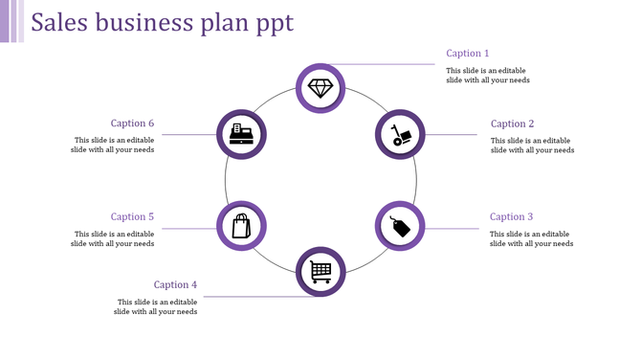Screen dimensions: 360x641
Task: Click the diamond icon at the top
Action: coord(320,88)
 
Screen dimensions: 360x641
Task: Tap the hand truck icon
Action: coord(399,135)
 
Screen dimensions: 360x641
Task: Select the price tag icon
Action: coord(399,226)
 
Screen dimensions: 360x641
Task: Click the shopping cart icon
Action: coord(320,272)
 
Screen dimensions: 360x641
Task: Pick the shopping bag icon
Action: coord(241,226)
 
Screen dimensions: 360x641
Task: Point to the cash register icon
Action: coord(241,135)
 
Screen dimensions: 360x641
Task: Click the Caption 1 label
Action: coord(468,54)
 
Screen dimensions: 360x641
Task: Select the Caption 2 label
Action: coord(513,124)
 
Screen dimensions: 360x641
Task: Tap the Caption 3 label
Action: coord(512,217)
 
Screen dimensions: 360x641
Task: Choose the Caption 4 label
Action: coord(176,284)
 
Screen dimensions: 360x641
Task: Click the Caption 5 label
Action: coord(132,217)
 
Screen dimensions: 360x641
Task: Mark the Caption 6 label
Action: coord(132,124)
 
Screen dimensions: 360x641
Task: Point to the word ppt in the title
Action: coord(275,24)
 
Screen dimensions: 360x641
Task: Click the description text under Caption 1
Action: coord(488,76)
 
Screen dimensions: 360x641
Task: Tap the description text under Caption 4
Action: coord(156,306)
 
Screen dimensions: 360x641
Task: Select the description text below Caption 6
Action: coord(113,145)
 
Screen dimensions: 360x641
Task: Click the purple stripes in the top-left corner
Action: coord(11,21)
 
